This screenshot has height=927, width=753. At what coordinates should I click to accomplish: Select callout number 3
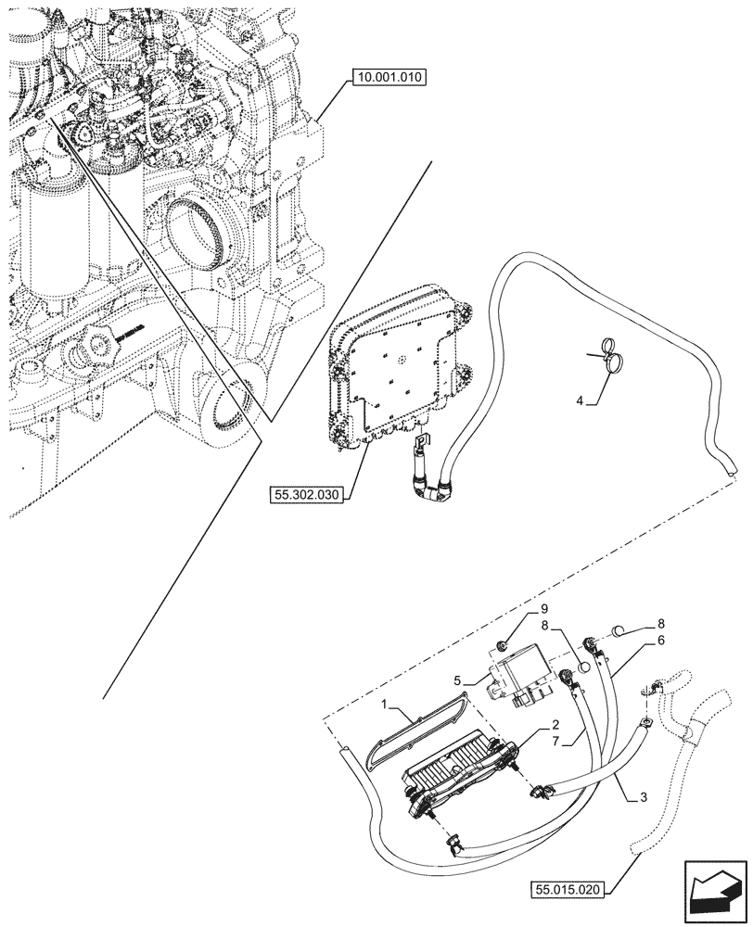(x=630, y=796)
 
